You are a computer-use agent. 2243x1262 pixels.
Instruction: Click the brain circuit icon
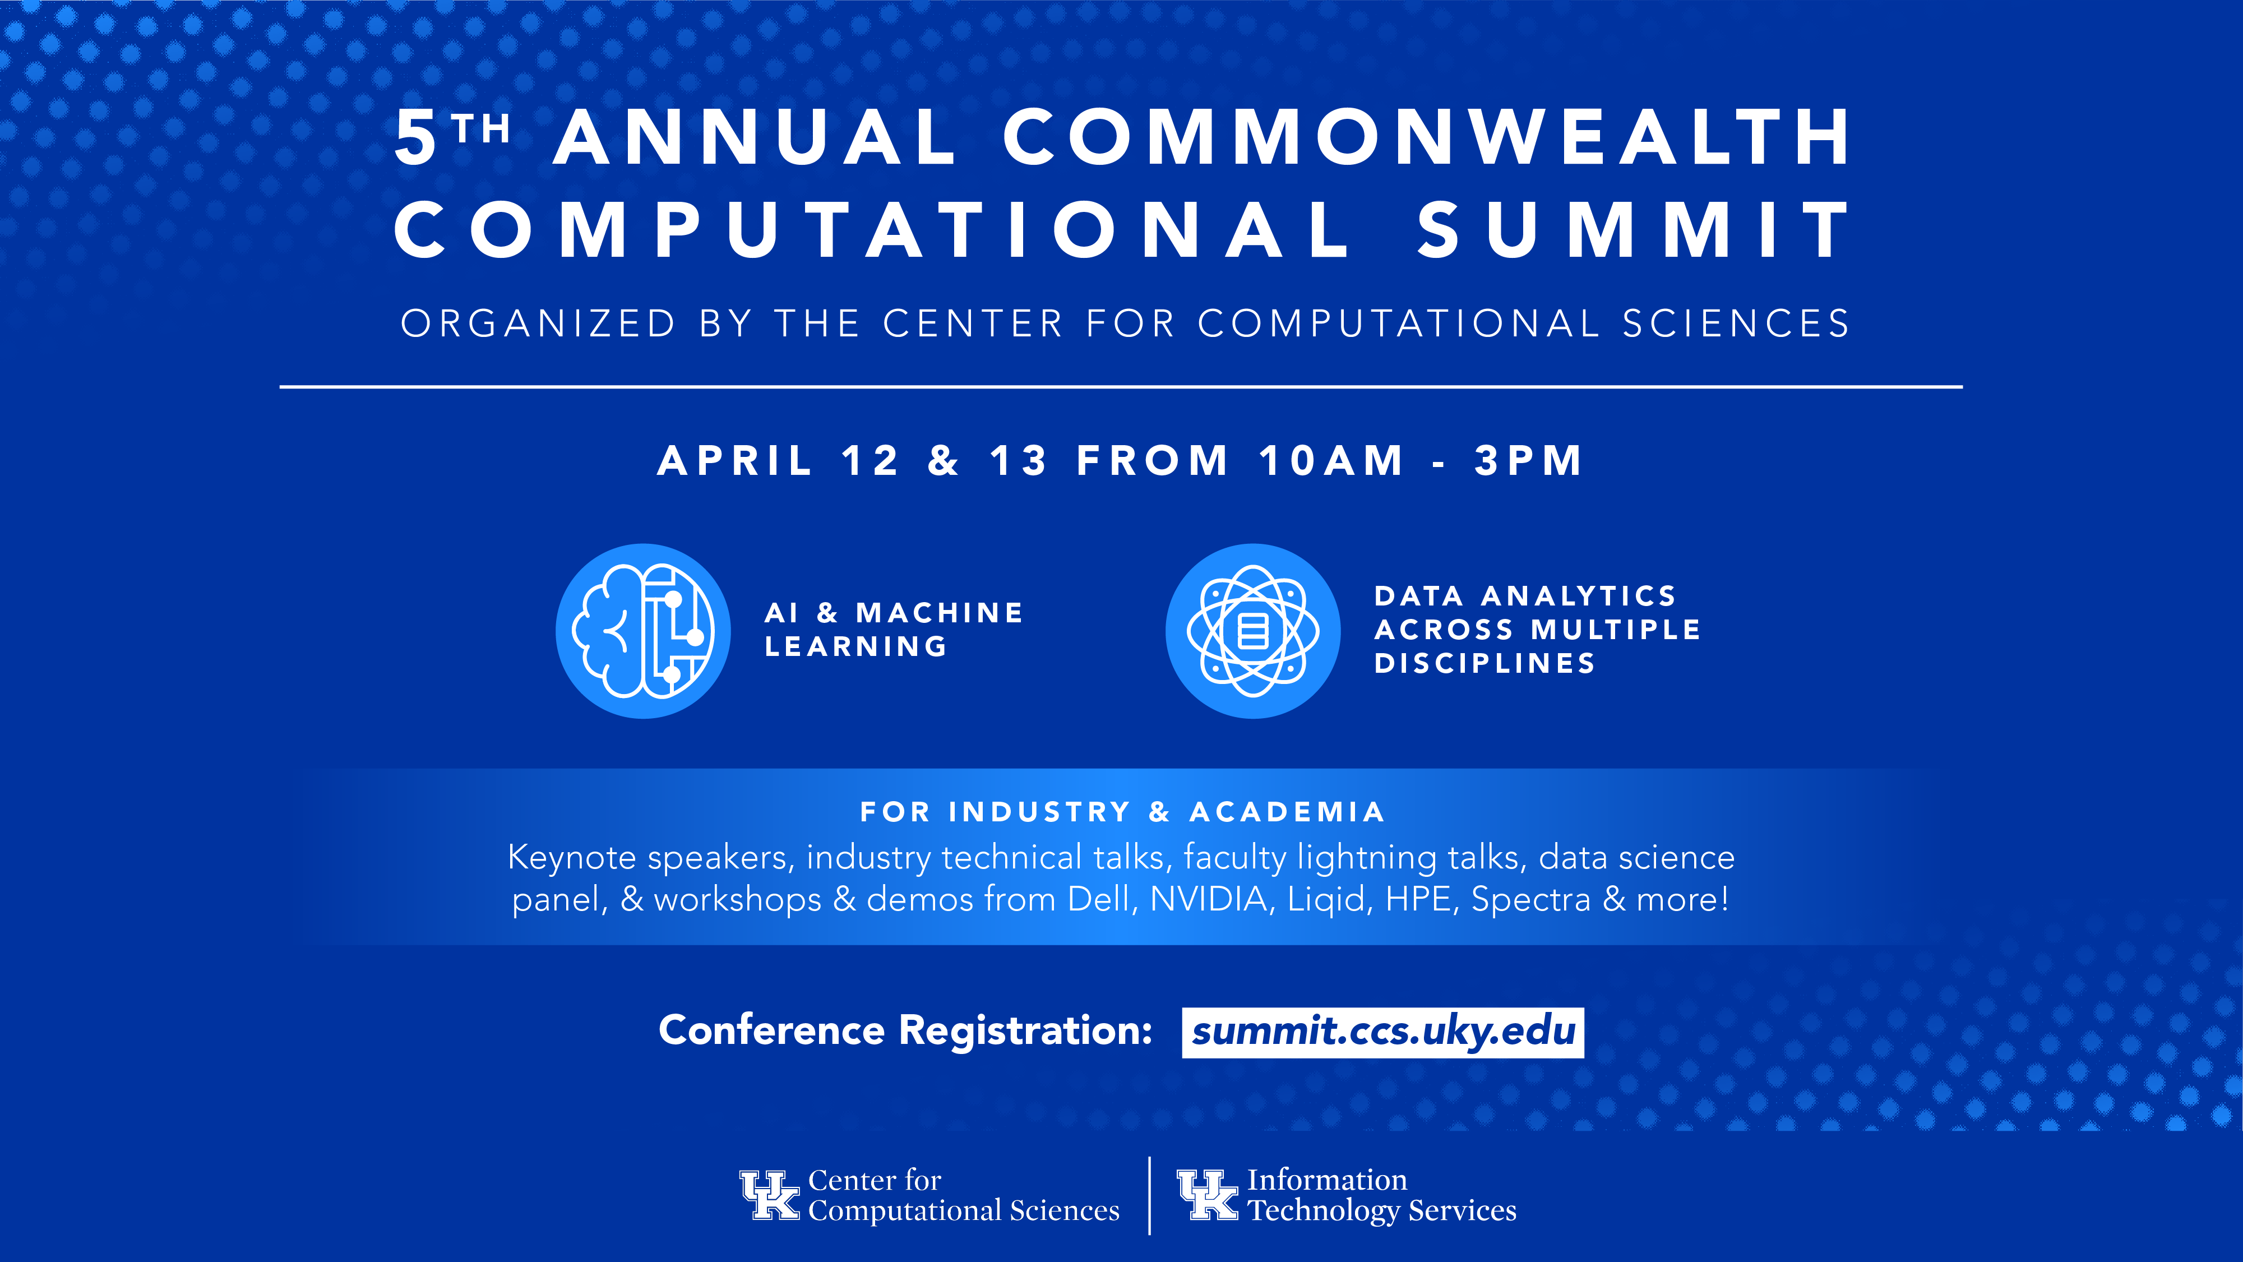coord(644,631)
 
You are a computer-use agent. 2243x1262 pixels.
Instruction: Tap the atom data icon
coord(1253,631)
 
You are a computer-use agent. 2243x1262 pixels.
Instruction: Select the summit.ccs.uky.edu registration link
coord(1382,1032)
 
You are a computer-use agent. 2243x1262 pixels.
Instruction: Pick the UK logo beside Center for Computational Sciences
coord(769,1195)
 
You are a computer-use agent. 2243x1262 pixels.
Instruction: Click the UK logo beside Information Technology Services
coord(1207,1195)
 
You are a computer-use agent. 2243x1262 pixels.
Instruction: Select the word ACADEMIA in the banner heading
coord(1287,812)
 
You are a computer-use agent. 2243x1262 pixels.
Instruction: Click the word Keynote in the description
coord(572,858)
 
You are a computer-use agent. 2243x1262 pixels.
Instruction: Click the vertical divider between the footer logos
coord(1149,1195)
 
